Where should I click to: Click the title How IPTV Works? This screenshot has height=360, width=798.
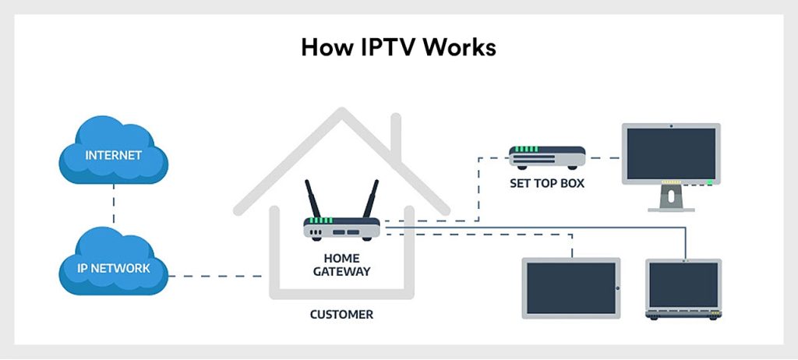[398, 47]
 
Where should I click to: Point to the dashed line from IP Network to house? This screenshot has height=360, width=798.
[218, 276]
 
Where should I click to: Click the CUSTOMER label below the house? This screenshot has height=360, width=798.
[341, 316]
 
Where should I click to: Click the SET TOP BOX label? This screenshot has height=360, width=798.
[546, 184]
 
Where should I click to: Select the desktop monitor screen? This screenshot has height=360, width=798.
[670, 153]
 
